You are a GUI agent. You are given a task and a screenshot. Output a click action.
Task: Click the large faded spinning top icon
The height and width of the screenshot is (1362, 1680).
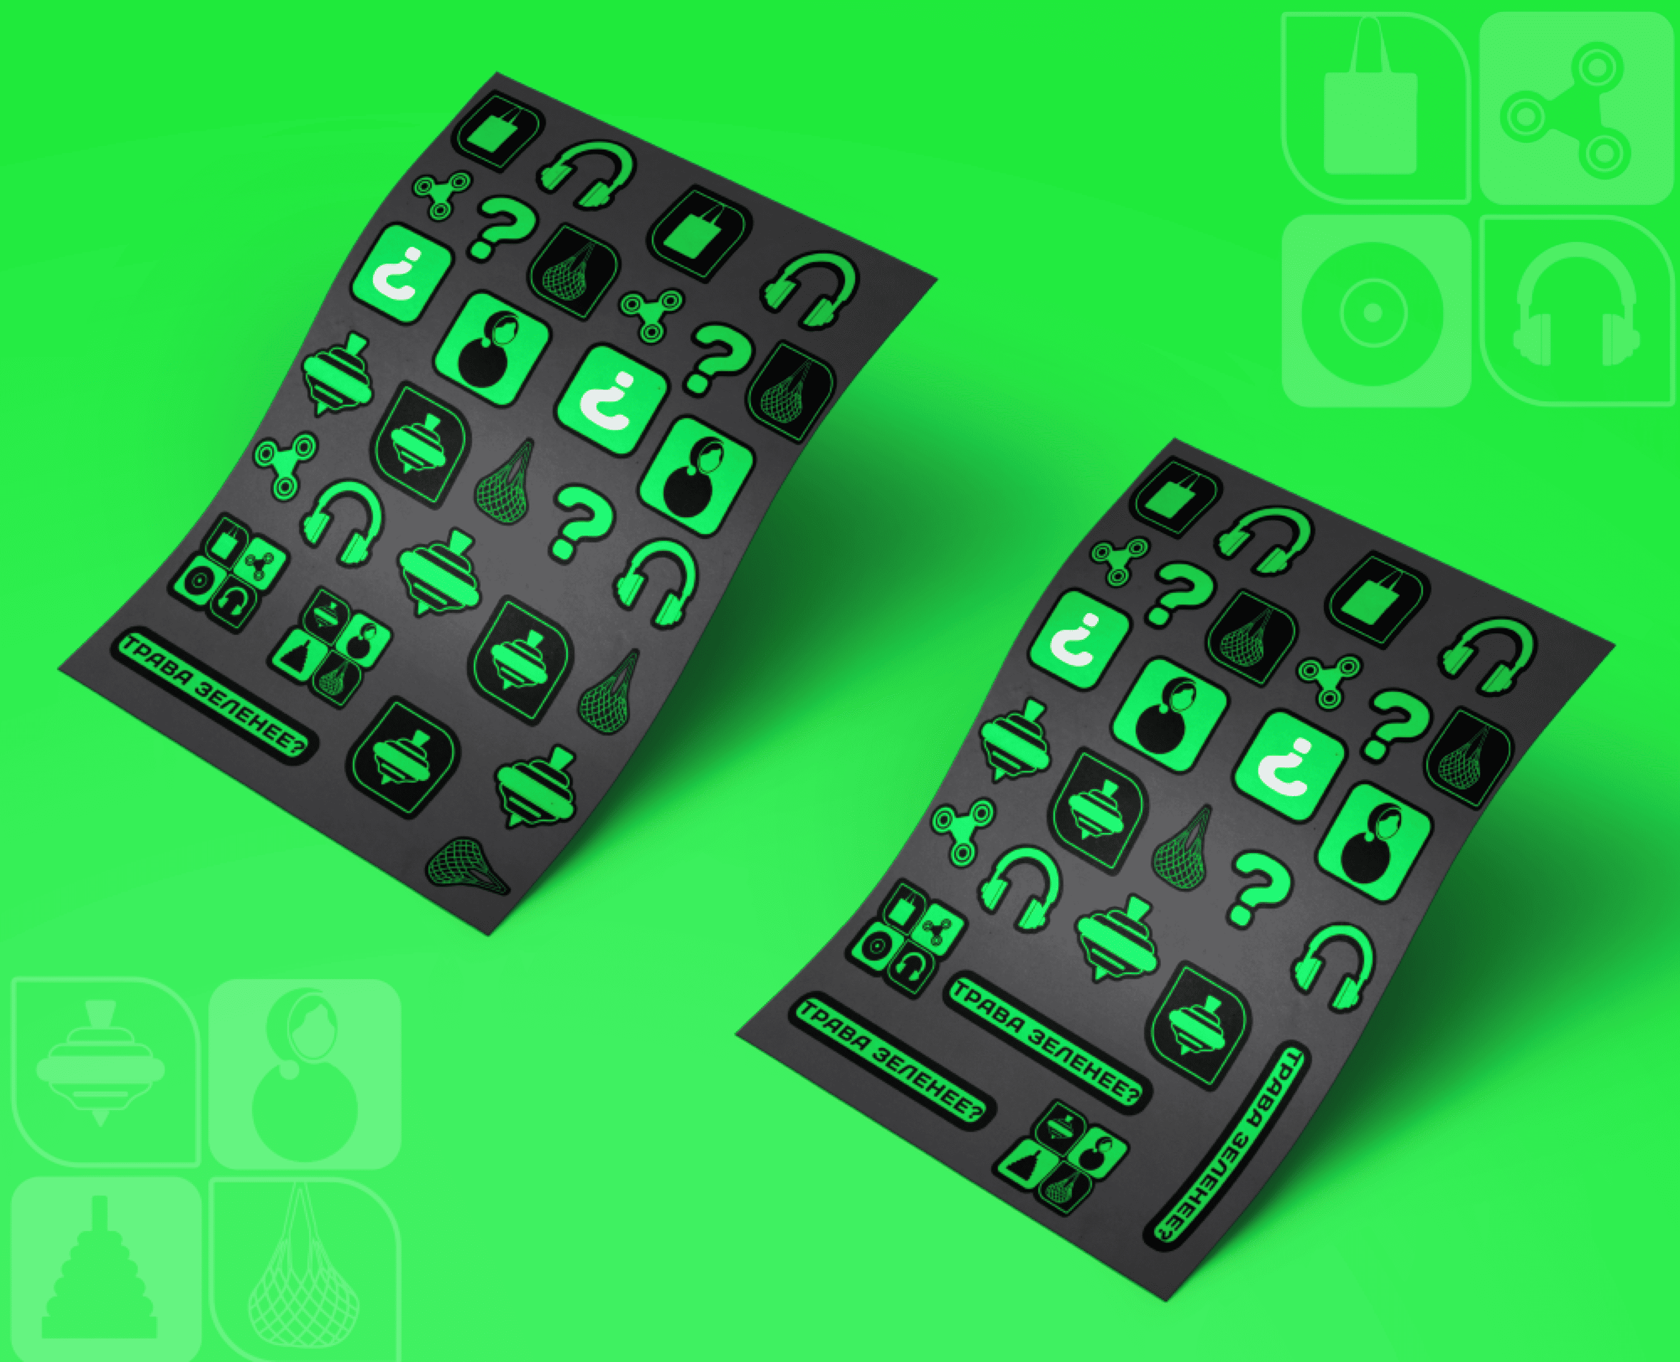[100, 1067]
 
